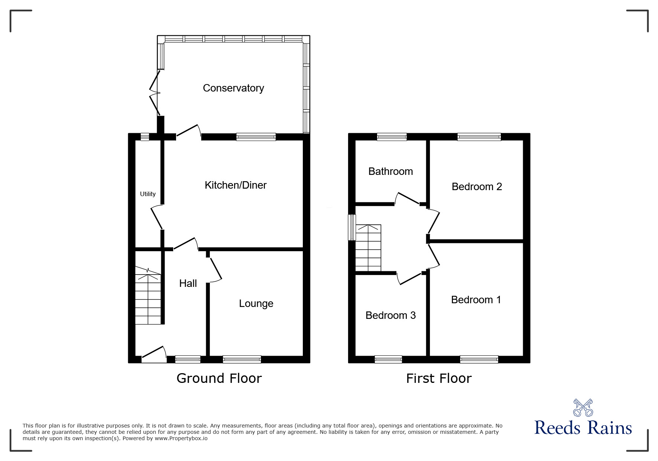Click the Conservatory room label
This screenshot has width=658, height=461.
point(233,88)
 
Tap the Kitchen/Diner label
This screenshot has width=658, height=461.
point(236,185)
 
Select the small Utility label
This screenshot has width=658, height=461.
point(148,194)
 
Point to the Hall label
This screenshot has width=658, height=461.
point(188,284)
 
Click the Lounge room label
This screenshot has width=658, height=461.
point(256,304)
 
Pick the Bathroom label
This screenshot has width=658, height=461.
point(390,172)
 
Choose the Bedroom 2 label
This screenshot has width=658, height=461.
point(477,187)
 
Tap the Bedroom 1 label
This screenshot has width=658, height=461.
point(476,300)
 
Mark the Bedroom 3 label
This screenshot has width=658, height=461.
point(390,316)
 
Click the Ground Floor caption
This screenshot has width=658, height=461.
point(219,378)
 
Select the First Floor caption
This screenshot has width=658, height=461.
point(439,378)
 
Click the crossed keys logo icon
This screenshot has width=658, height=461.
point(583,408)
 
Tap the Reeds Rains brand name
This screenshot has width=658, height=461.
point(583,428)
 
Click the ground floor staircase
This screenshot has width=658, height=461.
point(148,296)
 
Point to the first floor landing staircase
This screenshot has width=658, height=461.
point(368,248)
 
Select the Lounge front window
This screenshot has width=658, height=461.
point(242,359)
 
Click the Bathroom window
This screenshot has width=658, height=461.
point(392,137)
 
